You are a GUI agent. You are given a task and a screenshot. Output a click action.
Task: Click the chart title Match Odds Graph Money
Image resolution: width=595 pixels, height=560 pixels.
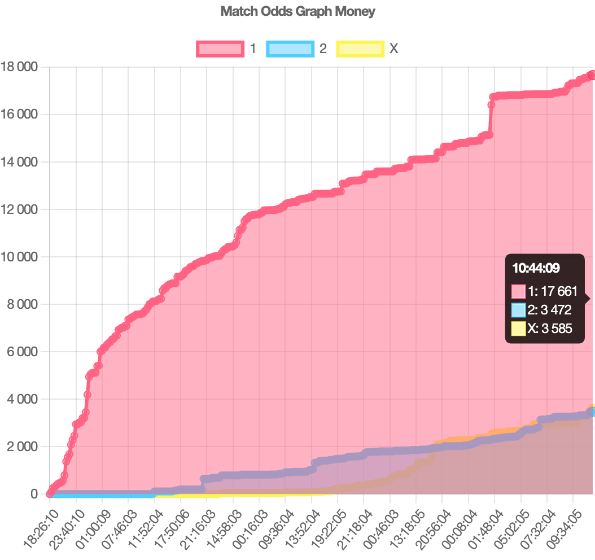click(297, 11)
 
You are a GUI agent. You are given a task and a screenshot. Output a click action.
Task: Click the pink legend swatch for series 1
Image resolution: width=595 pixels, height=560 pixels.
click(220, 49)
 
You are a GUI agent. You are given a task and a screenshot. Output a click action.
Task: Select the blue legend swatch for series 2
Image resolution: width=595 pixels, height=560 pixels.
click(290, 49)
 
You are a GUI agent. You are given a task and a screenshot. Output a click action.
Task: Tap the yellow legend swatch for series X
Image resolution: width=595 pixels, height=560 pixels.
click(360, 49)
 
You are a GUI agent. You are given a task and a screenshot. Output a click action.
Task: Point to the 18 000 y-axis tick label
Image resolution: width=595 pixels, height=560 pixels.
click(19, 67)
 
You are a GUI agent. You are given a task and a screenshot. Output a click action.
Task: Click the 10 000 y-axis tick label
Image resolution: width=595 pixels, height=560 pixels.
click(19, 257)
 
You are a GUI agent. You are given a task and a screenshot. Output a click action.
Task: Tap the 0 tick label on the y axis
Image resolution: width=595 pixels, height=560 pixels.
click(34, 494)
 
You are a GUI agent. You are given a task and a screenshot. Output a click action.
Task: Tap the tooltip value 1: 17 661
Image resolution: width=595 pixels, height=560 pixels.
click(552, 291)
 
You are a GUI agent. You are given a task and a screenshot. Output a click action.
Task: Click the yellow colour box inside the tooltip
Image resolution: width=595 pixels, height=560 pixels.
click(518, 328)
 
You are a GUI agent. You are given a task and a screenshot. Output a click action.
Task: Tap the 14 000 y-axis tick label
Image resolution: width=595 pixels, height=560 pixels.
click(19, 162)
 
